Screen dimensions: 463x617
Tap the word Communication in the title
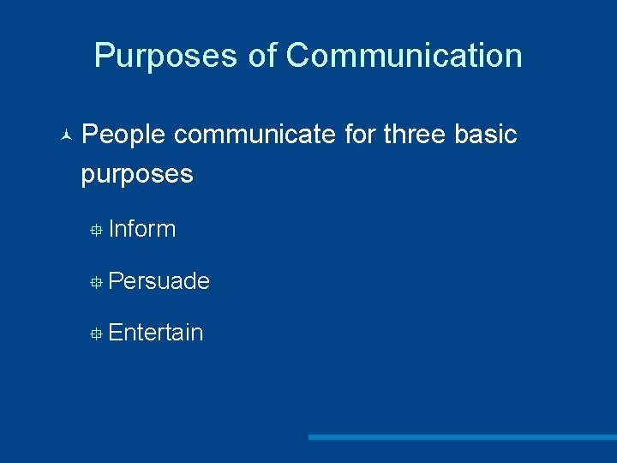(x=404, y=56)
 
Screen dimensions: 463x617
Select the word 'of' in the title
(x=262, y=56)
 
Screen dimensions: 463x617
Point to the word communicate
(x=255, y=135)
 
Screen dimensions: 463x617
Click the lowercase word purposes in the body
(x=137, y=175)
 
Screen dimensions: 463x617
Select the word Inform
(x=142, y=229)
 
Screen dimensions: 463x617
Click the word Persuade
(x=159, y=281)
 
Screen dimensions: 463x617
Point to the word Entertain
(x=156, y=333)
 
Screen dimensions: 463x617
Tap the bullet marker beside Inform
(x=98, y=230)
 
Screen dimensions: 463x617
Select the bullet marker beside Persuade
(x=98, y=282)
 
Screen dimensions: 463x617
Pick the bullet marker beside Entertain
(x=98, y=334)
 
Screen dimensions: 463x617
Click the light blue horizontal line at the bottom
(x=463, y=437)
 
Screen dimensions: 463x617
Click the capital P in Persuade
(x=117, y=281)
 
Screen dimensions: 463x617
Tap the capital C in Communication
(x=297, y=56)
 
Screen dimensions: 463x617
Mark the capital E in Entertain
(x=117, y=333)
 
